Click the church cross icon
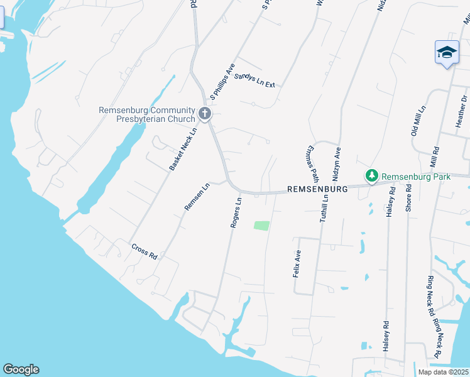pos(204,114)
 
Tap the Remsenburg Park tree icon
pos(371,177)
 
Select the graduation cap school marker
pos(447,52)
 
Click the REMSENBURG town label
pos(317,188)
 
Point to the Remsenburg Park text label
pos(415,177)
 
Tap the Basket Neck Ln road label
pos(183,149)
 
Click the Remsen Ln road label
pos(196,197)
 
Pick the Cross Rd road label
pos(145,251)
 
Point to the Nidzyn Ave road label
pos(337,161)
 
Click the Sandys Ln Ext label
pos(254,80)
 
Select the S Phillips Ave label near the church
pos(222,82)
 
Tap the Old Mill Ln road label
pos(418,121)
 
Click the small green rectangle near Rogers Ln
pos(261,225)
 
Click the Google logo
pos(21,369)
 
